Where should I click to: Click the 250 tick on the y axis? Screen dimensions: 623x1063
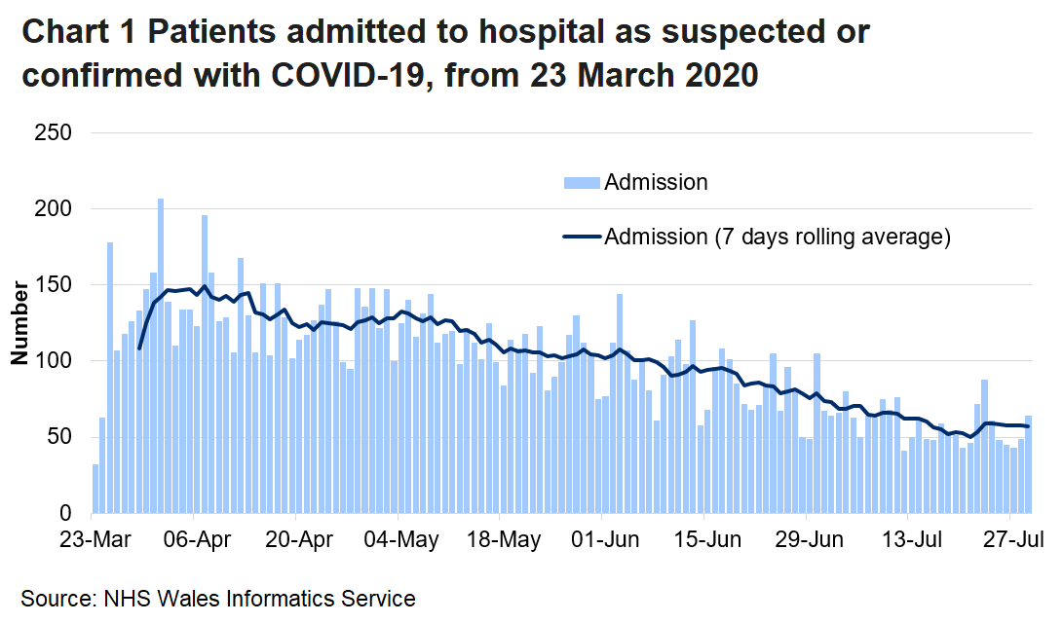click(x=55, y=132)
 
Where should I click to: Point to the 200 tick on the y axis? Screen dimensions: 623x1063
click(x=55, y=209)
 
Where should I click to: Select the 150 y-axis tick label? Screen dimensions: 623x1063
click(x=55, y=285)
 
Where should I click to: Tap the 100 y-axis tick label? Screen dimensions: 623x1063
click(x=55, y=361)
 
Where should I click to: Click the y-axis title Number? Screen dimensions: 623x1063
click(x=19, y=325)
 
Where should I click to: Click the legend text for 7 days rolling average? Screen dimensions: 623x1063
click(x=777, y=237)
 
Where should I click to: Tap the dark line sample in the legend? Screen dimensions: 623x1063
click(x=581, y=237)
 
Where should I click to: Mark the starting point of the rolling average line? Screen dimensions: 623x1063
click(x=139, y=348)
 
